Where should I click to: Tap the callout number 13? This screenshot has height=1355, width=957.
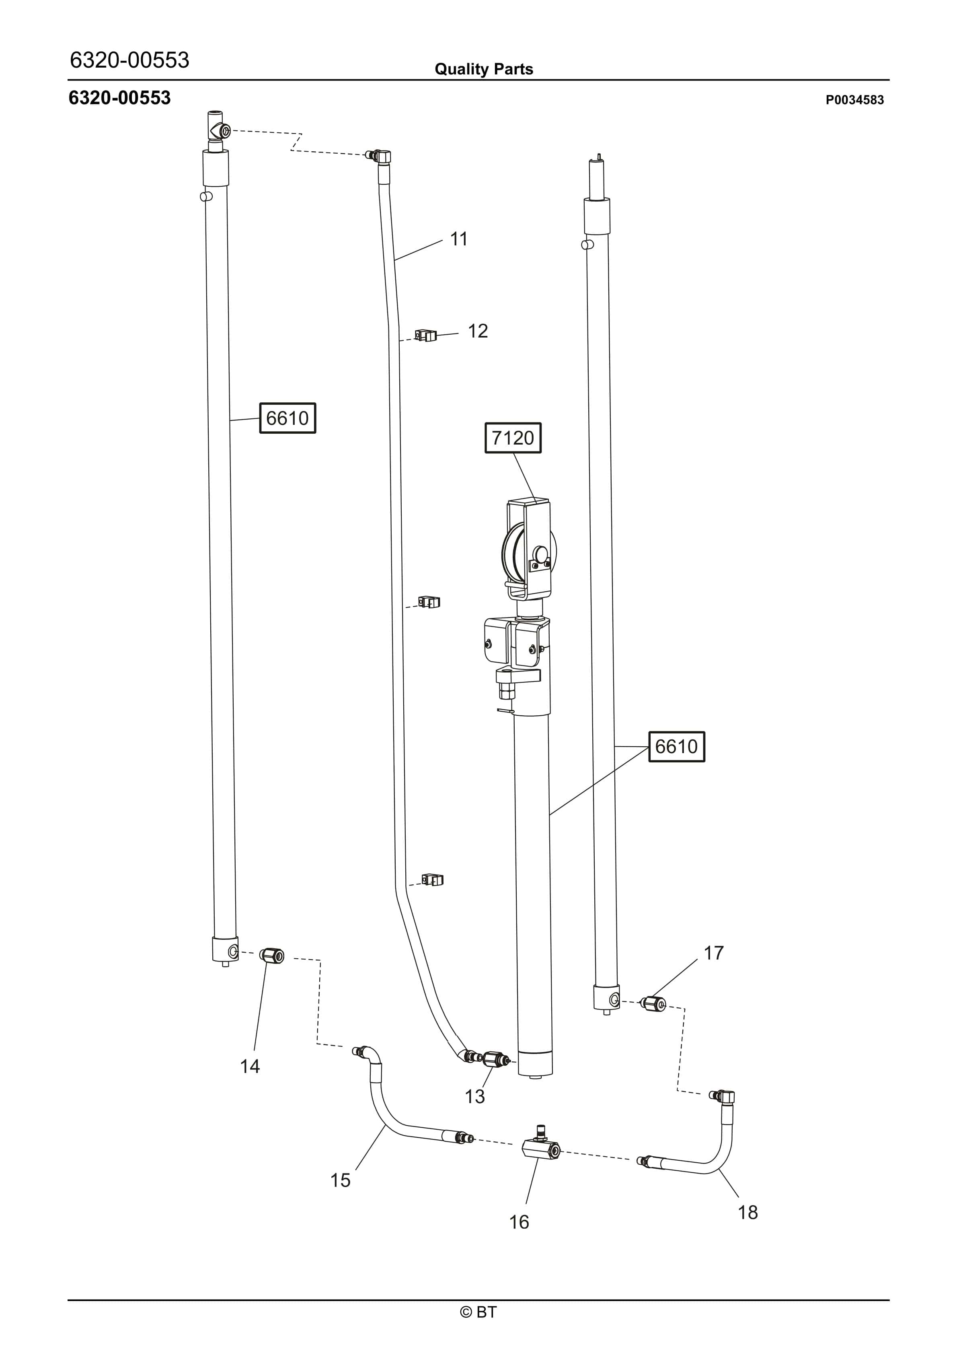click(474, 1096)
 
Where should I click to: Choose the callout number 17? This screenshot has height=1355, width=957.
click(713, 953)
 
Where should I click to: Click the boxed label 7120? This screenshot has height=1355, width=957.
click(513, 438)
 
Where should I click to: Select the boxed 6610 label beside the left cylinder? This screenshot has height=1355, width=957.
click(288, 418)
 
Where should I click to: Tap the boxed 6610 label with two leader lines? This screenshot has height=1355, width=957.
click(676, 747)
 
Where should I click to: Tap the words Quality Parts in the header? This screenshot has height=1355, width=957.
click(483, 69)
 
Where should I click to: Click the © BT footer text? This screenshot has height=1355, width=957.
click(478, 1312)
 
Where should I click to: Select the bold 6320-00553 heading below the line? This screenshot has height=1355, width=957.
click(120, 98)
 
